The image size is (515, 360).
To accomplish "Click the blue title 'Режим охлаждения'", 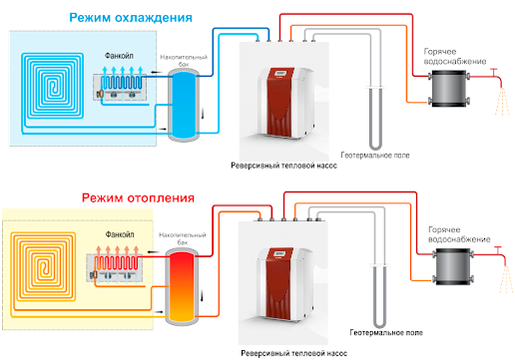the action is pos(131,18).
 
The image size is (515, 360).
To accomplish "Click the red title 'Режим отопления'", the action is pos(138,198).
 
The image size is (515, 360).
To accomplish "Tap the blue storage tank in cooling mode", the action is pos(183,105).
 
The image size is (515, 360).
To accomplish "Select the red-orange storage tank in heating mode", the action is pos(182,286).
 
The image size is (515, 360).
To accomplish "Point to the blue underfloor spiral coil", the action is pos(53,86).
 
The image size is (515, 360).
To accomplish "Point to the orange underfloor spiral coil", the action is pos(43,266).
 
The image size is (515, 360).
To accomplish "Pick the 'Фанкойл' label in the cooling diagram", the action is pos(119,56).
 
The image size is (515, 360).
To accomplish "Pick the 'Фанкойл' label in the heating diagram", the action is pos(120,234).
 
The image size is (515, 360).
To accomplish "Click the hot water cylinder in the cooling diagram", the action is pos(448,88).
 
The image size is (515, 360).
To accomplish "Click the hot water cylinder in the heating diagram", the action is pos(453,266).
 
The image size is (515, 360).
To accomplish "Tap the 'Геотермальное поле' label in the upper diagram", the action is pos(375,156).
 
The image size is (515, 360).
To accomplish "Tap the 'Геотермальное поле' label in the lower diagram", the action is pos(386,332).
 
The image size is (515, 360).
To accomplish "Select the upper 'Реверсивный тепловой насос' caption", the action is pos(284,166).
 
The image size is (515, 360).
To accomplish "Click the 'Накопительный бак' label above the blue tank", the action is pos(184,60).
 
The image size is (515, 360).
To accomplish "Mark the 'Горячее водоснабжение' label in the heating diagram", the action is pos(459,234).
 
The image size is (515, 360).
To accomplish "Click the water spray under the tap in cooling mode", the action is pos(502,102).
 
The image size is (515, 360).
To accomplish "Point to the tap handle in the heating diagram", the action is pos(498,247).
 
